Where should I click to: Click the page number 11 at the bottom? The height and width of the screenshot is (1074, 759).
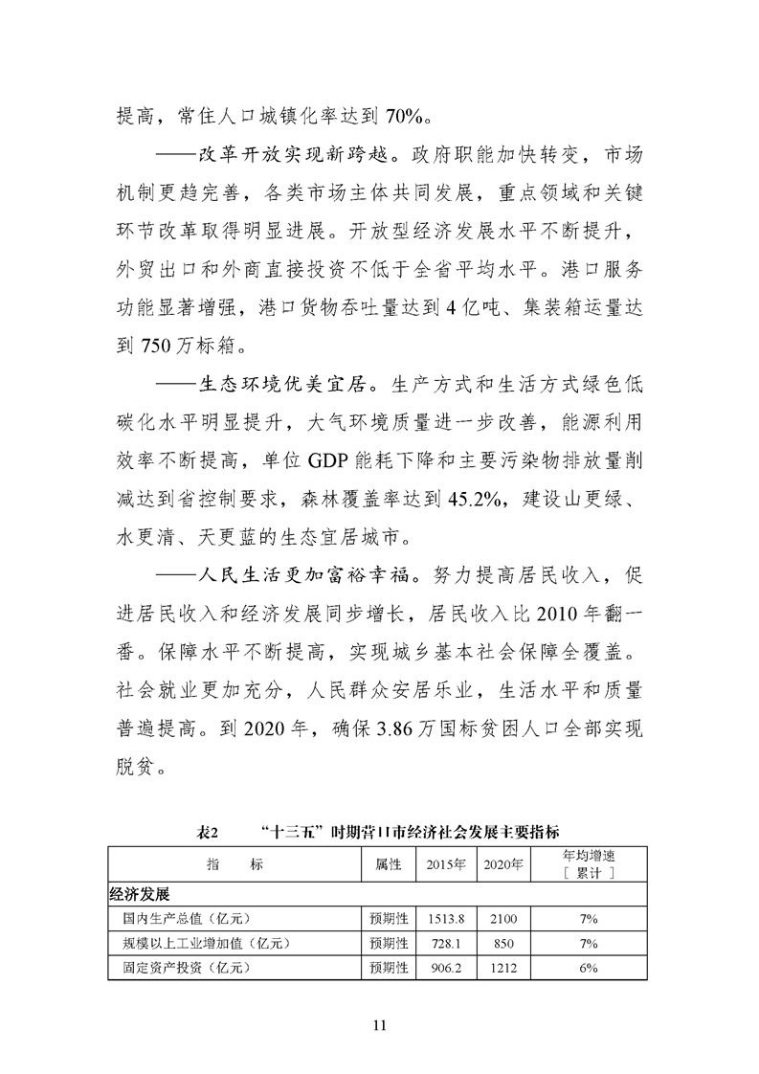click(379, 1026)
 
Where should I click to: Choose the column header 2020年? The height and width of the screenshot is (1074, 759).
click(502, 863)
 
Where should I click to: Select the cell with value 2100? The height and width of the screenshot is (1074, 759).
click(502, 920)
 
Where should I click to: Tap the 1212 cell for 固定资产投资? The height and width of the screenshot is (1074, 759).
click(502, 969)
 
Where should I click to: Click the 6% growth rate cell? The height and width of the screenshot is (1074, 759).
click(588, 969)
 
